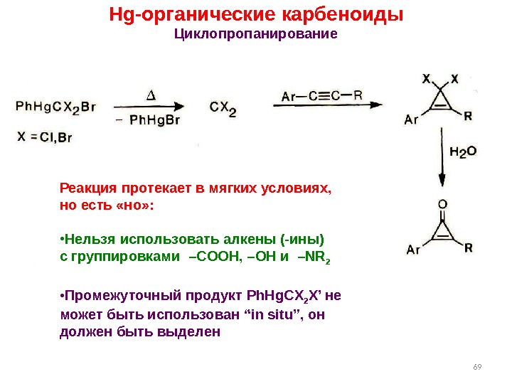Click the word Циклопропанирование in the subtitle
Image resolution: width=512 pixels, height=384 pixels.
(255, 34)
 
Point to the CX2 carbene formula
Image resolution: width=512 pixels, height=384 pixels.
(223, 107)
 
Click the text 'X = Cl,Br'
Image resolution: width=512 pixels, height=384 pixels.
(45, 137)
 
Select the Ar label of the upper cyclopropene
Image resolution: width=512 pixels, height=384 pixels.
(411, 119)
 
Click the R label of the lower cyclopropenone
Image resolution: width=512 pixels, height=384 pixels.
(468, 248)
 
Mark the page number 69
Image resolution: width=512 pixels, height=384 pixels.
(476, 367)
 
